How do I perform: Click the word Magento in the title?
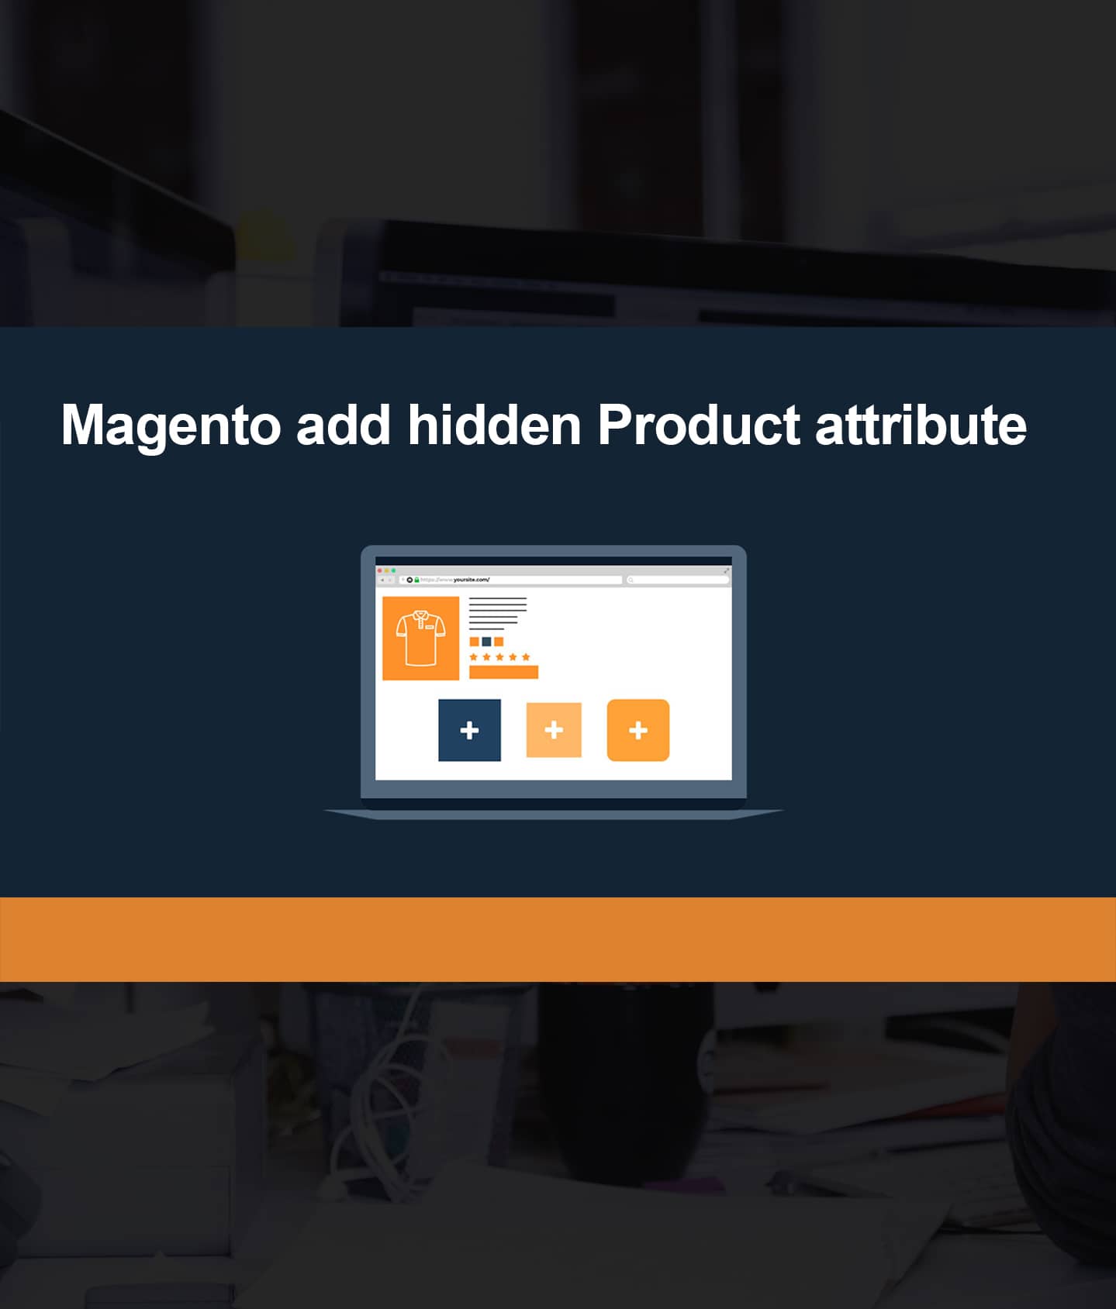click(x=171, y=425)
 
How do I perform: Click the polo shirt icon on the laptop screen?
click(x=420, y=638)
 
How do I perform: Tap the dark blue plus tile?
click(x=469, y=730)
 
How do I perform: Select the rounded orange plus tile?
click(x=637, y=730)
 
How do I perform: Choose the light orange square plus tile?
click(x=554, y=730)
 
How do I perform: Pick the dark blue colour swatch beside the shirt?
click(x=486, y=642)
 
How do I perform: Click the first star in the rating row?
click(x=474, y=657)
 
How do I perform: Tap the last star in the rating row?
click(x=526, y=657)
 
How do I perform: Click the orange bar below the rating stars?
click(x=503, y=672)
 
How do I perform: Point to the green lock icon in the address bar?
click(x=416, y=580)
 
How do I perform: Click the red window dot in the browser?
click(x=379, y=570)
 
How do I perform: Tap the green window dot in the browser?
click(x=393, y=570)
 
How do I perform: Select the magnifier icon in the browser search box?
click(x=631, y=580)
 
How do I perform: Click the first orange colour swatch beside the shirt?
click(x=474, y=642)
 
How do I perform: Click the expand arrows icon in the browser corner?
click(x=726, y=570)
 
